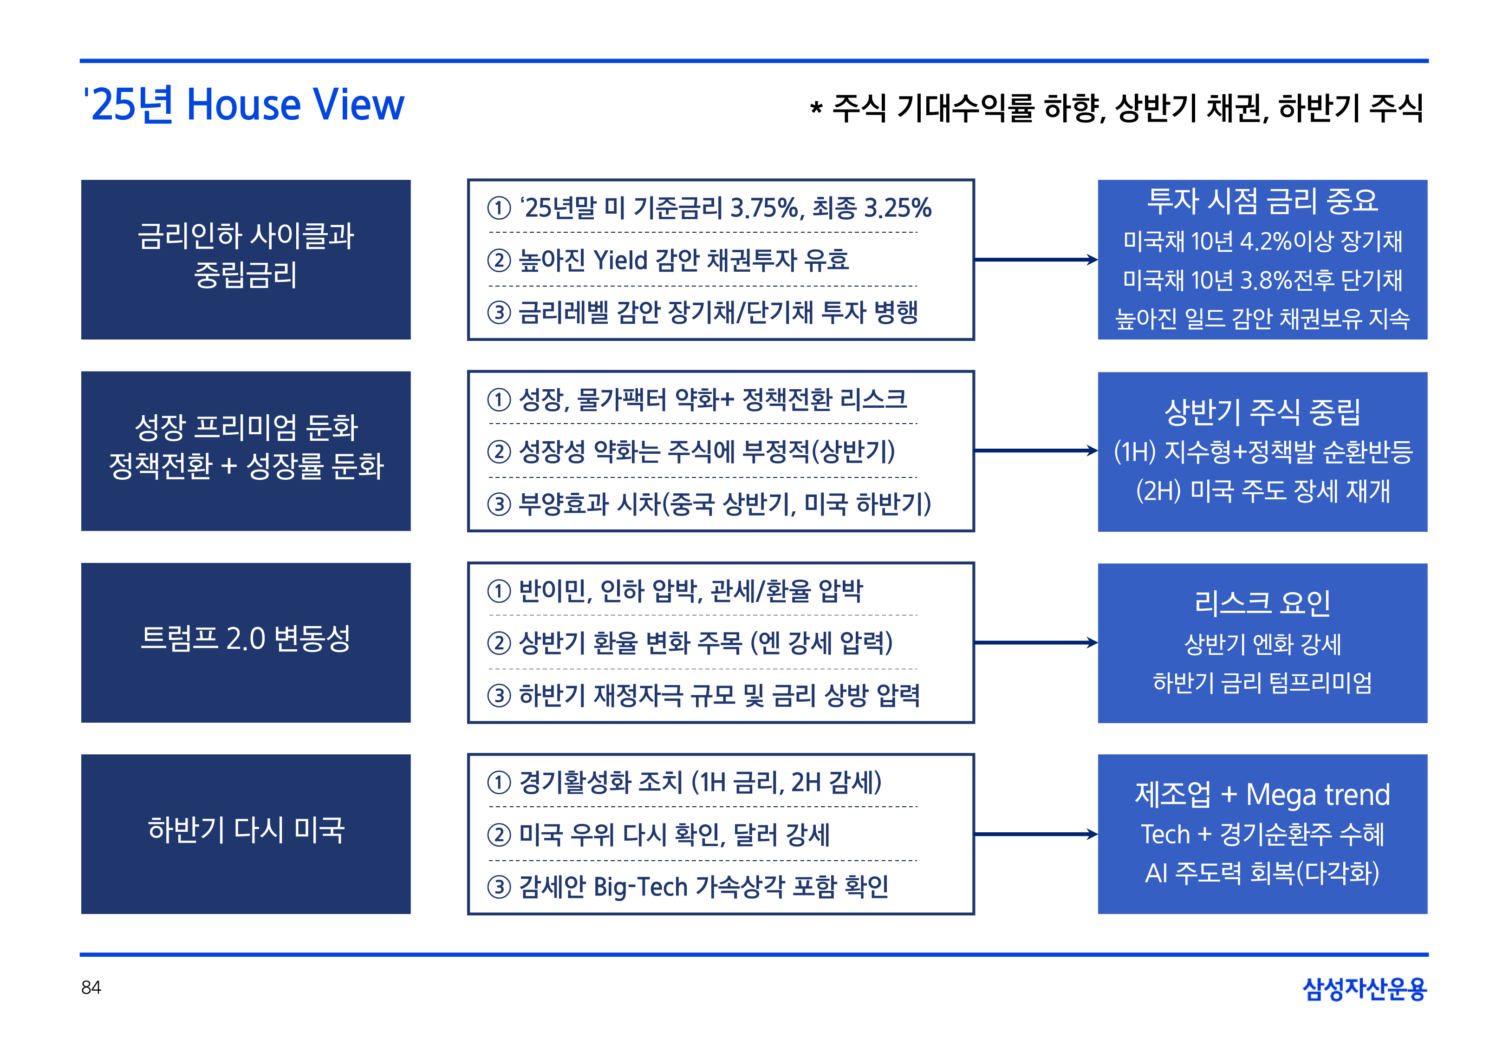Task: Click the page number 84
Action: [91, 987]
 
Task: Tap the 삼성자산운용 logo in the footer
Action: [1365, 989]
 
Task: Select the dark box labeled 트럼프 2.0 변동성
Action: [246, 642]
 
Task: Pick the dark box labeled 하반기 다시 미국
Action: [246, 834]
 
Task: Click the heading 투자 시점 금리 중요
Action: [1262, 200]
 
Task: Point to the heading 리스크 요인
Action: [1262, 602]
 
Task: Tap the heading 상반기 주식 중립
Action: [1262, 412]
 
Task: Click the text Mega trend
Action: [1317, 794]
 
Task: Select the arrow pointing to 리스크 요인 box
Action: [1036, 642]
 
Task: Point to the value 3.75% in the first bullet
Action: [766, 208]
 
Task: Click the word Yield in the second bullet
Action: [620, 261]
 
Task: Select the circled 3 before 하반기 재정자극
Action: [499, 695]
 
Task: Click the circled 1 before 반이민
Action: [499, 591]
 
